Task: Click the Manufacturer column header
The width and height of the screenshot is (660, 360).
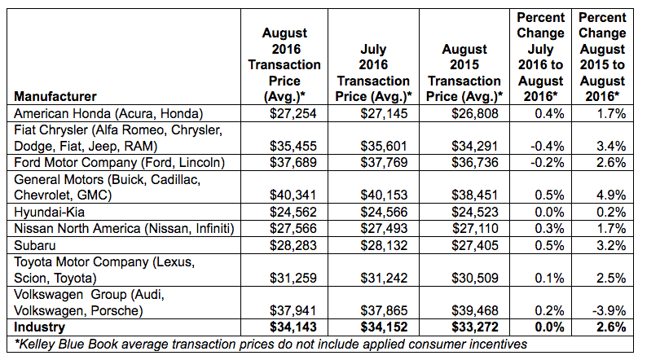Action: click(x=55, y=96)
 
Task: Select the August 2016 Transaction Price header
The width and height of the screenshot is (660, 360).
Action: click(x=285, y=65)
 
